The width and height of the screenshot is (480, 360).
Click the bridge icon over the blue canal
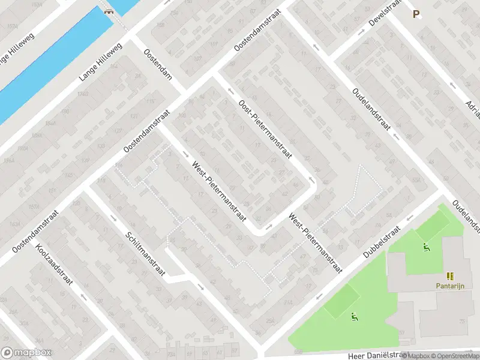coord(109,11)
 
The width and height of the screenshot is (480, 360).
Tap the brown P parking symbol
coord(416,14)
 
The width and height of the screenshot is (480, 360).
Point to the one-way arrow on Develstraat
coord(361,31)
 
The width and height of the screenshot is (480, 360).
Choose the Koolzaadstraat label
coord(53,264)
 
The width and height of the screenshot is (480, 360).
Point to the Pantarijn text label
coord(450,286)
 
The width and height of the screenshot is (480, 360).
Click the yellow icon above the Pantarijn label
coord(450,276)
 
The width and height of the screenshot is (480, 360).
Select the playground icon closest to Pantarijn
coord(426,246)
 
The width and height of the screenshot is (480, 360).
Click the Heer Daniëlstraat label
coord(365,355)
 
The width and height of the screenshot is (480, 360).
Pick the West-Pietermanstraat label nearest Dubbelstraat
coord(314,243)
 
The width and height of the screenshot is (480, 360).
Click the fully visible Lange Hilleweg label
coord(100,62)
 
